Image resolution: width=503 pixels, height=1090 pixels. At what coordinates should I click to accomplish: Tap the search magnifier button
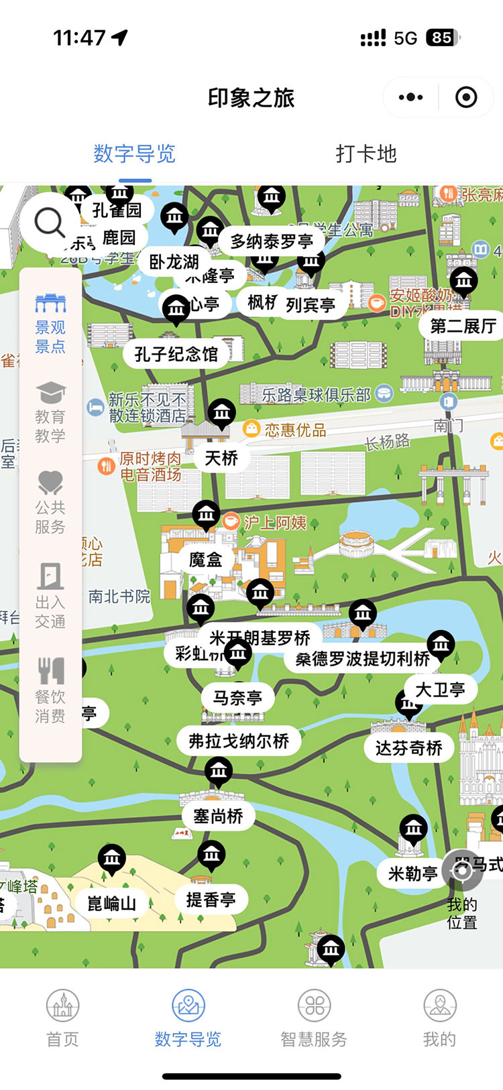(x=50, y=222)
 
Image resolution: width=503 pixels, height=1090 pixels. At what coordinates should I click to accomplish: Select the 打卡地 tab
(x=366, y=154)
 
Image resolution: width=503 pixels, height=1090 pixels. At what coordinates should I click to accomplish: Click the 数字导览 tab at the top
(x=135, y=154)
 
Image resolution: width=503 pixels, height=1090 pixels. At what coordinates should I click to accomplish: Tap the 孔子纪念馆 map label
(x=176, y=354)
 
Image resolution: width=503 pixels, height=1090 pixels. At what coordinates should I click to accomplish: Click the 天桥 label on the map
(x=221, y=458)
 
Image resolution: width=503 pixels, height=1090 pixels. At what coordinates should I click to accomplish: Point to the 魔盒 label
(x=205, y=559)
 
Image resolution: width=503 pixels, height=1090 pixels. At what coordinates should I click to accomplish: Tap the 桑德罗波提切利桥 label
(x=362, y=659)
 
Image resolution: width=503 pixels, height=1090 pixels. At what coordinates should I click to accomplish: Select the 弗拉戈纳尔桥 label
(x=239, y=741)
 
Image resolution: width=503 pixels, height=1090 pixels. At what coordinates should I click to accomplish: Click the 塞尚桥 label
(x=218, y=816)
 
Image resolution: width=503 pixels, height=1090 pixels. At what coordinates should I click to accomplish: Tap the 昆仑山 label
(x=111, y=904)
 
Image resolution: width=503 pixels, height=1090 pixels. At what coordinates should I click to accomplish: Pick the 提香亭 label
(x=211, y=900)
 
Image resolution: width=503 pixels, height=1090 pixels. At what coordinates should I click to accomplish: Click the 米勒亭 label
(x=413, y=873)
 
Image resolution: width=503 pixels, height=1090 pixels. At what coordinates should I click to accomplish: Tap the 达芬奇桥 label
(x=408, y=748)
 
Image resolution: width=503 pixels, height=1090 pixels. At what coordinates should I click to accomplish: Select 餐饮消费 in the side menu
(x=50, y=691)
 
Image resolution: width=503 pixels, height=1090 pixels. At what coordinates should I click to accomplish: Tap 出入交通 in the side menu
(x=50, y=596)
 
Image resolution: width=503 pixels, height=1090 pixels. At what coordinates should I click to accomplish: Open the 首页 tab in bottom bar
(x=62, y=1019)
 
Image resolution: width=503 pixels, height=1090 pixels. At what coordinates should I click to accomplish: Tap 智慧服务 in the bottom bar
(x=314, y=1019)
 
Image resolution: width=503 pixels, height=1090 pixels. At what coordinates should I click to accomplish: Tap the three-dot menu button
(x=410, y=98)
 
